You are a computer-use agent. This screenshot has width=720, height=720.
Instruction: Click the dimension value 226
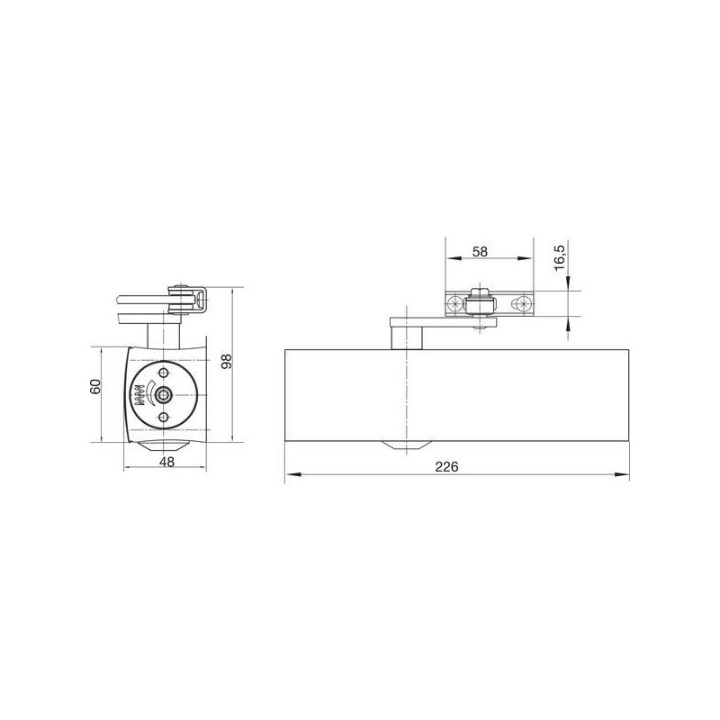pyautogui.click(x=446, y=467)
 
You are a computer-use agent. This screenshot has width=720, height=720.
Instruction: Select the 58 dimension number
pyautogui.click(x=480, y=252)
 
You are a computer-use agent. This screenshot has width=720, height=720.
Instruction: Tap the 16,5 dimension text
pyautogui.click(x=560, y=257)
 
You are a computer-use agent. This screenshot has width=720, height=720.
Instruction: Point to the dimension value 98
pyautogui.click(x=227, y=362)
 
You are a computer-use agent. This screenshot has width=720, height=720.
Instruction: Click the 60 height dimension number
pyautogui.click(x=95, y=386)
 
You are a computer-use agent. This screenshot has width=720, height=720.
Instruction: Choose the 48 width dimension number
pyautogui.click(x=167, y=462)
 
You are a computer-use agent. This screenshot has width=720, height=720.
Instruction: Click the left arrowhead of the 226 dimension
pyautogui.click(x=293, y=474)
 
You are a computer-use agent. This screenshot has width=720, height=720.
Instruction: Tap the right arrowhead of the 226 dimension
pyautogui.click(x=621, y=474)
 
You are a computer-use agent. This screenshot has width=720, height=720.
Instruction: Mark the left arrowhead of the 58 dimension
pyautogui.click(x=454, y=258)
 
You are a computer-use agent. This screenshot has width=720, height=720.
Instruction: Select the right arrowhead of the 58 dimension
pyautogui.click(x=525, y=258)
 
